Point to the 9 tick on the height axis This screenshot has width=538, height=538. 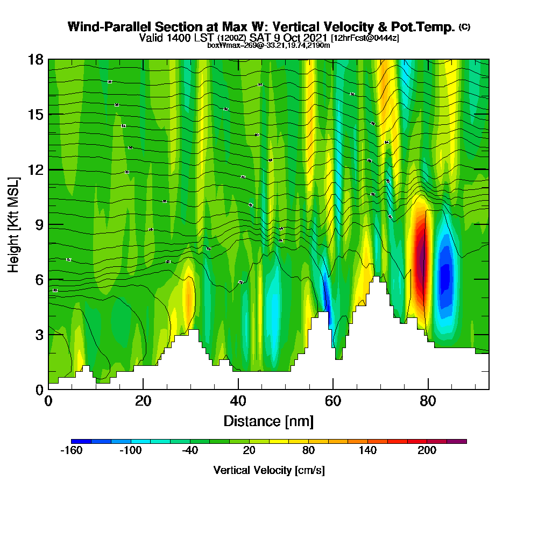coord(39,224)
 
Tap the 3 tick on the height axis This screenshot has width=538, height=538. coord(39,335)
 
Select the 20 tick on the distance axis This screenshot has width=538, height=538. coord(143,401)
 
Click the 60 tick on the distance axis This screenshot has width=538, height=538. coord(333,401)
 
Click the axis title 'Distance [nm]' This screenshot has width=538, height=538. coord(268,420)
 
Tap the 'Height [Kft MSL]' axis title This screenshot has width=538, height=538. coord(13,224)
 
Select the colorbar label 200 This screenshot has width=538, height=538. coord(427,450)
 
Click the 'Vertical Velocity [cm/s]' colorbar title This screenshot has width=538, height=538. coord(268,470)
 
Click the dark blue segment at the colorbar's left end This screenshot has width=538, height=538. coord(81,441)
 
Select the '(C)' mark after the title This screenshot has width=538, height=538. coord(464,27)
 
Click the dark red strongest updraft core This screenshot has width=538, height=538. coord(421,258)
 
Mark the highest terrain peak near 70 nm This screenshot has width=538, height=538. coord(379,279)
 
